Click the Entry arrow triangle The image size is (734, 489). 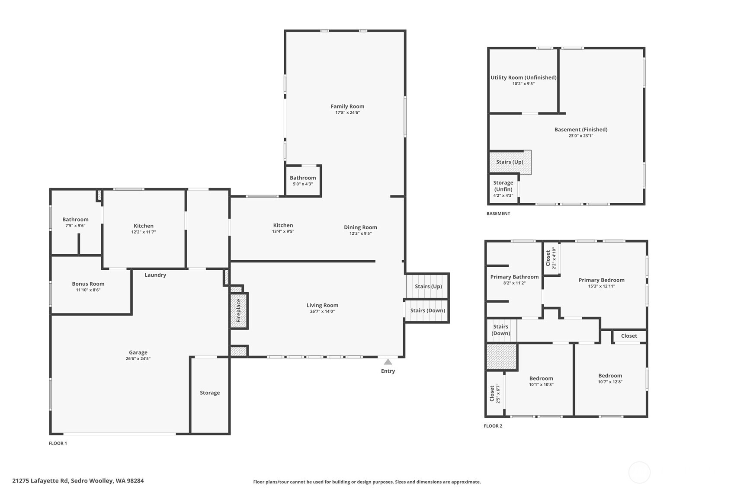click(x=388, y=362)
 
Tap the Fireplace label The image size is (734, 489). click(x=238, y=310)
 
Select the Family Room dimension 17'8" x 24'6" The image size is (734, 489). click(x=347, y=113)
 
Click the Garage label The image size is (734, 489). click(x=138, y=352)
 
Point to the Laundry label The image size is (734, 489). click(x=155, y=275)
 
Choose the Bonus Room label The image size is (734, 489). click(x=88, y=284)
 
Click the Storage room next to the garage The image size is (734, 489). click(x=210, y=393)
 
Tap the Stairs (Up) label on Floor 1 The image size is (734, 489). click(x=428, y=286)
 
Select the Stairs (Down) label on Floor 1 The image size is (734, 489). click(x=427, y=310)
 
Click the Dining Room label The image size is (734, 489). click(x=360, y=227)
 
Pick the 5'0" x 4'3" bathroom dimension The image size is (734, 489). click(x=303, y=184)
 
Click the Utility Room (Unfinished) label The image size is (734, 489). click(x=523, y=78)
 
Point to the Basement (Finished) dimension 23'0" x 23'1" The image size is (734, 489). click(x=580, y=136)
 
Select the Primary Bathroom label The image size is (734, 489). click(x=514, y=277)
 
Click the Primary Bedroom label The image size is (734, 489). click(x=601, y=280)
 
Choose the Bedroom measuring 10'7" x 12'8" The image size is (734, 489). click(x=610, y=376)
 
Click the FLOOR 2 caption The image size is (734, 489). click(x=493, y=426)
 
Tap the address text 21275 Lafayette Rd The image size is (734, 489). click(x=41, y=481)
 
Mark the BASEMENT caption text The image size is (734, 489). click(x=498, y=214)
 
